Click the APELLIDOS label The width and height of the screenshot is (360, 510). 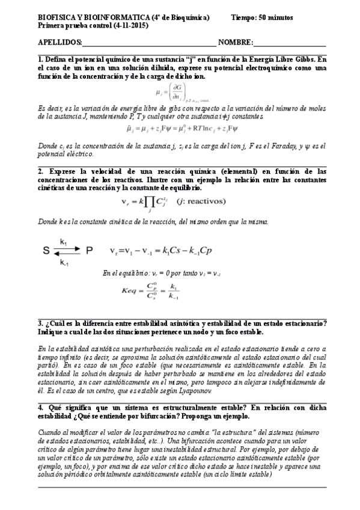59,43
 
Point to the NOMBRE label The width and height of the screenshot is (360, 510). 236,43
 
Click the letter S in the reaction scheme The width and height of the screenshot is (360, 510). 46,250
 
